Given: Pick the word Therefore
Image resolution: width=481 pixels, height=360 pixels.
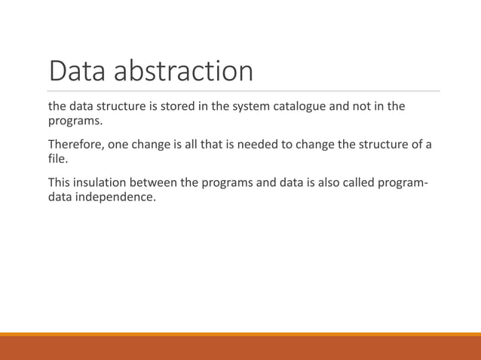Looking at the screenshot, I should tap(75, 145).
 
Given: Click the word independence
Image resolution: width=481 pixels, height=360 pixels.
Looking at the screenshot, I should tap(115, 198).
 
